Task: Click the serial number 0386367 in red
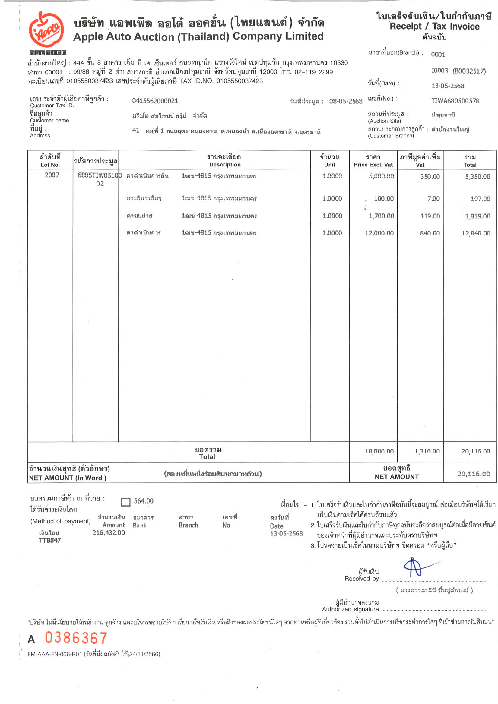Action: [x=76, y=638]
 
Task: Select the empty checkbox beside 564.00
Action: [x=125, y=502]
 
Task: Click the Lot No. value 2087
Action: [x=52, y=175]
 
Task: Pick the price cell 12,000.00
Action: [x=379, y=233]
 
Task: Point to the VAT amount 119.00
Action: [x=430, y=216]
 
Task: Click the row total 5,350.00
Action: [x=477, y=177]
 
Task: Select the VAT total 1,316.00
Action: [x=427, y=451]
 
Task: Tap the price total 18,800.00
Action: [x=379, y=451]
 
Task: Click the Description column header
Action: [x=225, y=165]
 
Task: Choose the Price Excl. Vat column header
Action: [x=373, y=165]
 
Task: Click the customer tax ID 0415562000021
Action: [x=156, y=101]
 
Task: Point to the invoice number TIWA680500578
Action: [x=455, y=101]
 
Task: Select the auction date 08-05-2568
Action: [x=345, y=101]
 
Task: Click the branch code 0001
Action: [x=438, y=55]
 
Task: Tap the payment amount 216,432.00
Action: [x=109, y=533]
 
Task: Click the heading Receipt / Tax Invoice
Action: [x=434, y=26]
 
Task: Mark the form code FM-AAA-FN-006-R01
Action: [x=55, y=654]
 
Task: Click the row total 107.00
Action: [x=480, y=199]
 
